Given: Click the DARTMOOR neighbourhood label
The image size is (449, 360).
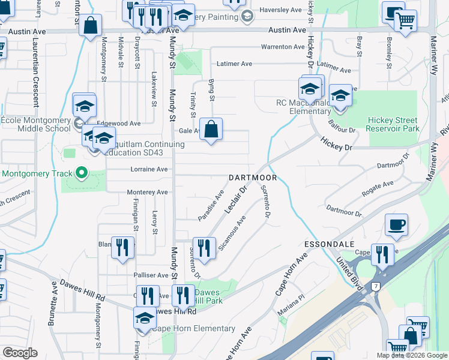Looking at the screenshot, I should (x=253, y=178).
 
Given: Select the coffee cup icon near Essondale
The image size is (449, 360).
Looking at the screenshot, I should (x=396, y=226).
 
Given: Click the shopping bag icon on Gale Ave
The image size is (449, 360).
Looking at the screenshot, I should (x=211, y=129).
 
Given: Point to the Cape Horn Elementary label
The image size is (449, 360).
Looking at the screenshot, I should (x=193, y=328).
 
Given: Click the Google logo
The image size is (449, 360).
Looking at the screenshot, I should (x=20, y=353).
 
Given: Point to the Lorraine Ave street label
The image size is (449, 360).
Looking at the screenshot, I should (x=149, y=170).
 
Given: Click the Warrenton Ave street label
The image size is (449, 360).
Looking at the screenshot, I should (x=283, y=47).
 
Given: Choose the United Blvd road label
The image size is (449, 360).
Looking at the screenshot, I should (x=349, y=271).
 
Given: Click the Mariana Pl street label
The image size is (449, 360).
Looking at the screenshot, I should (x=291, y=312).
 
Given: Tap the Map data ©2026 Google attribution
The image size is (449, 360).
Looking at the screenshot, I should (x=412, y=355).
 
